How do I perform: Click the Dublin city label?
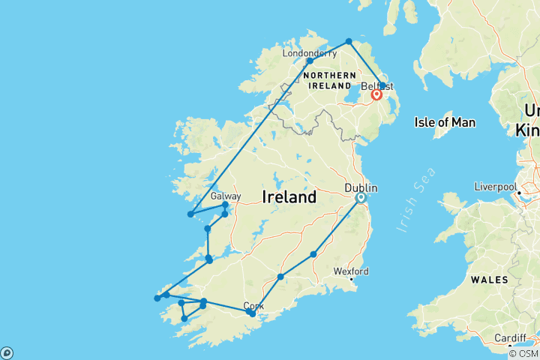tap(361, 188)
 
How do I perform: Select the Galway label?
tap(226, 196)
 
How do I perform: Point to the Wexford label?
tap(351, 271)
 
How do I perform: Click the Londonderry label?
tap(310, 53)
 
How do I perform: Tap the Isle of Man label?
tap(445, 122)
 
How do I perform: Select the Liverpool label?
tap(494, 187)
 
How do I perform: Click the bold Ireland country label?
tap(289, 198)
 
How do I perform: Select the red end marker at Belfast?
tap(377, 95)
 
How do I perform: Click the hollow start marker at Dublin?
tap(361, 198)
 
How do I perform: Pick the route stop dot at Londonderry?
tap(310, 61)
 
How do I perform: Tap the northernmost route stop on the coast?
tap(349, 41)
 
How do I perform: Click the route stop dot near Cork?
tap(253, 313)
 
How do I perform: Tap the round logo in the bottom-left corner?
tap(7, 352)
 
